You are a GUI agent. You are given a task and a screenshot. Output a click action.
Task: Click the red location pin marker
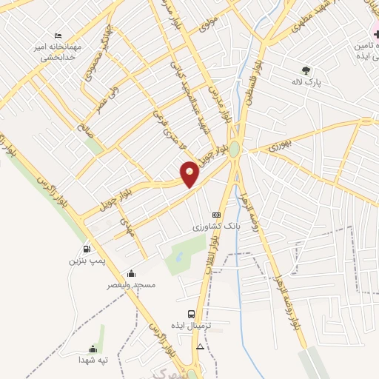(189, 173)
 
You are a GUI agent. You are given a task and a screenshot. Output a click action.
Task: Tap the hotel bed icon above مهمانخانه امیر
(58, 36)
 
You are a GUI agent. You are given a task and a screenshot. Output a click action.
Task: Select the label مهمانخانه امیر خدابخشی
(58, 51)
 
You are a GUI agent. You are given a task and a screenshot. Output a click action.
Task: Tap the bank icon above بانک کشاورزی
(216, 215)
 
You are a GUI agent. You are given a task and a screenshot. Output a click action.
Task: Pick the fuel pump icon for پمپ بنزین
(88, 249)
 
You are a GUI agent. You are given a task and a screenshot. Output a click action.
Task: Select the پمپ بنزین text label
(83, 261)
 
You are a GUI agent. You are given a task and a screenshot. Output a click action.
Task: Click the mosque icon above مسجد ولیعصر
(131, 272)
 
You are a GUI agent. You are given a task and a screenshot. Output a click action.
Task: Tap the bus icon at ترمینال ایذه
(192, 314)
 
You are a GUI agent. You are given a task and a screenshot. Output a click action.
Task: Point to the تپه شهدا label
(93, 360)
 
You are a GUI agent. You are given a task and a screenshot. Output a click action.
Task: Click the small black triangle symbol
(199, 346)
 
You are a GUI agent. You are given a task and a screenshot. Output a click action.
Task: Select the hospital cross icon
(375, 33)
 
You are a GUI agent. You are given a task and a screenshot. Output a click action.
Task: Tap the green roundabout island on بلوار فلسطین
(234, 150)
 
